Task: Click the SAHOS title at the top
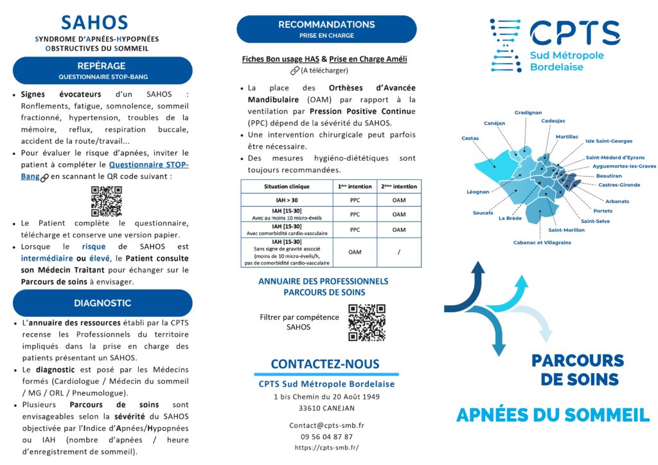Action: pos(94,22)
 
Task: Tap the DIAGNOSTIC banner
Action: pos(102,303)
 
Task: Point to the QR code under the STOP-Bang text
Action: pos(106,201)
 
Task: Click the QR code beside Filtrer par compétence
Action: pos(366,322)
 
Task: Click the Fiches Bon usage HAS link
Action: pos(280,59)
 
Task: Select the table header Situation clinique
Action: pos(286,186)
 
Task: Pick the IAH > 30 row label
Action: pos(287,200)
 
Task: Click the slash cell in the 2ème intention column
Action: pos(398,252)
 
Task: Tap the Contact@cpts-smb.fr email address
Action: pos(326,425)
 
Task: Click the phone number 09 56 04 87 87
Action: pos(326,437)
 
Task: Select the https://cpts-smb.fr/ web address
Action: pos(326,448)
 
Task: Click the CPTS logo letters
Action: pos(574,33)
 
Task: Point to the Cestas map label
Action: pos(470,138)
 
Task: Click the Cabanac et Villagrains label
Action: pos(542,243)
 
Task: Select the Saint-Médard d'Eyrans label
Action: pos(615,157)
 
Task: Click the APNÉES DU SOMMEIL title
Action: pos(553,416)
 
